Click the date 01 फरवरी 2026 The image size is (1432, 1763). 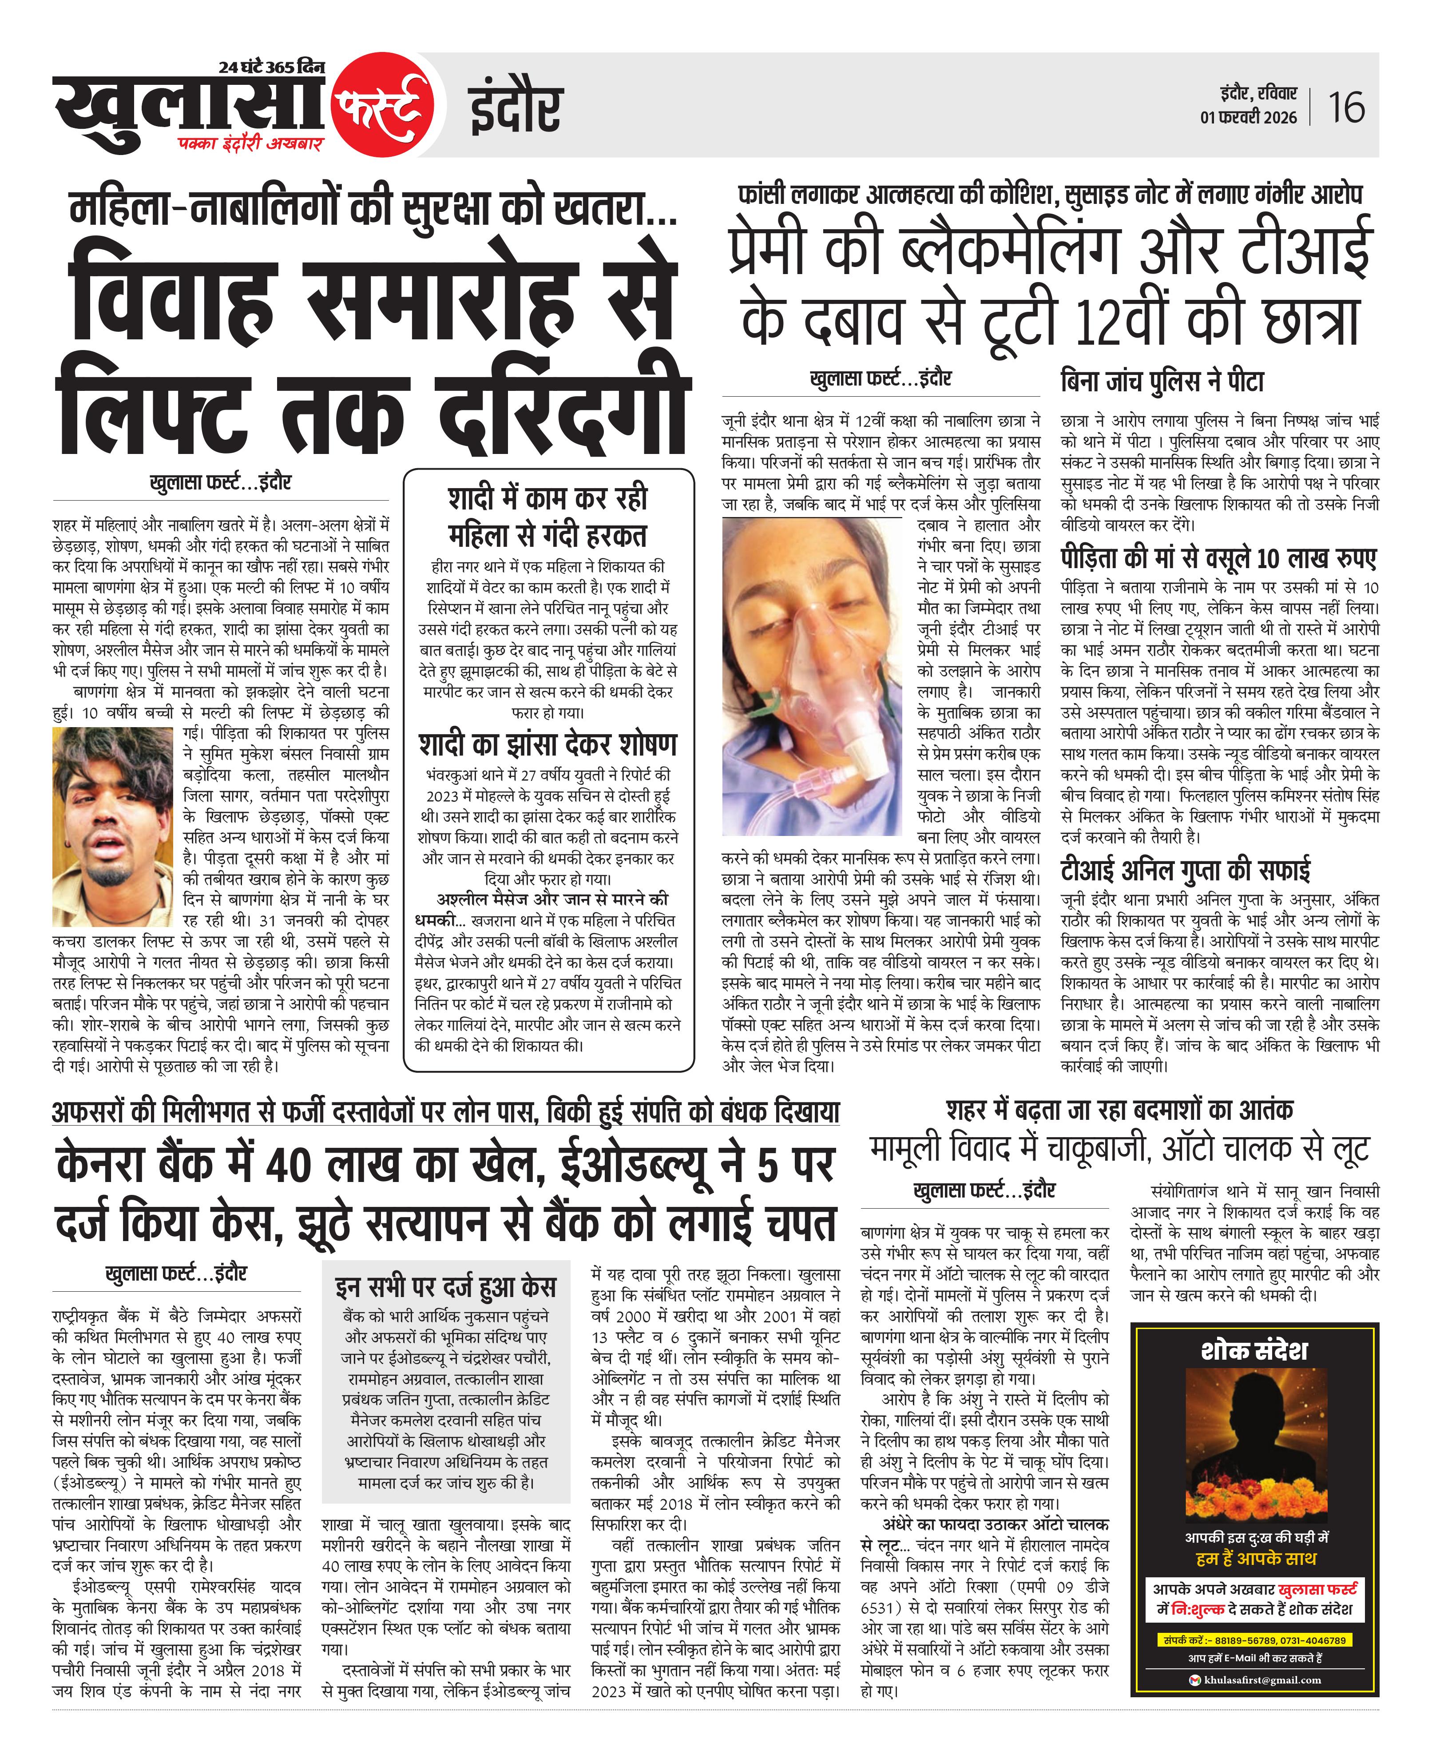coord(1248,117)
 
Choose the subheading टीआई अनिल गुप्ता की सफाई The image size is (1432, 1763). coord(1186,870)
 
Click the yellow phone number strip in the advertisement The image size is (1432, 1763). coord(1254,1640)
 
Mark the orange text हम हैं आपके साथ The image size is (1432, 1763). coord(1255,1558)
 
